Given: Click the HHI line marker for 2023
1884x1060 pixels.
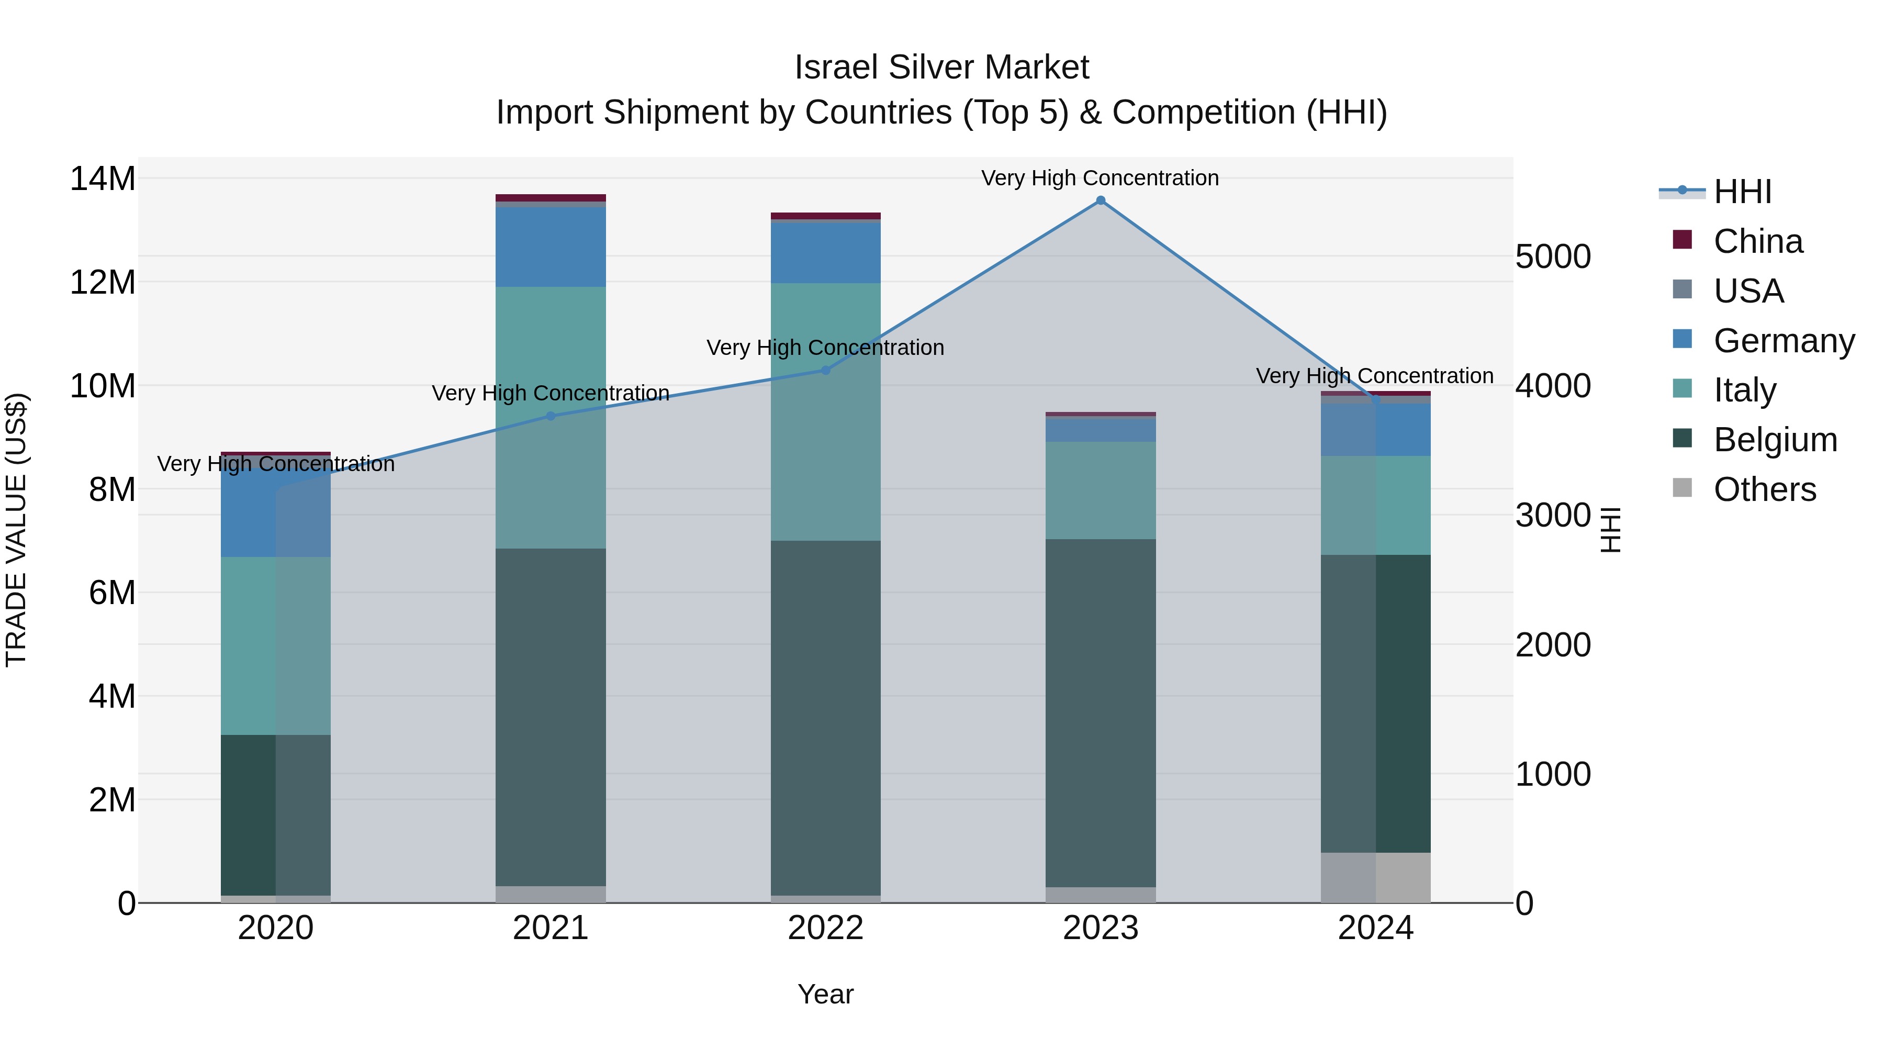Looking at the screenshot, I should (1100, 200).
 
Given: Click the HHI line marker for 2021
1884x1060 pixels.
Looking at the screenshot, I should (551, 416).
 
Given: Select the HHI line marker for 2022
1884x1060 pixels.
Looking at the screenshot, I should (826, 370).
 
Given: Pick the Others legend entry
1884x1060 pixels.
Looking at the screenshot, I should (1764, 489).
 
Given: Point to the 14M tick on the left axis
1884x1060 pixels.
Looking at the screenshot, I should (103, 178).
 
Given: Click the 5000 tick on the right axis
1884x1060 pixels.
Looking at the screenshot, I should (1553, 257).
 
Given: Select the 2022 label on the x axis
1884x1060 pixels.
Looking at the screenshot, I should (826, 928).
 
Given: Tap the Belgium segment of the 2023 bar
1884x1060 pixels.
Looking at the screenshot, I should (1100, 713).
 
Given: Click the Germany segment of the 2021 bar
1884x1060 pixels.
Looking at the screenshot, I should (551, 247).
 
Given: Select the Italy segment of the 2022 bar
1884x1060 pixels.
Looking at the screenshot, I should (826, 412).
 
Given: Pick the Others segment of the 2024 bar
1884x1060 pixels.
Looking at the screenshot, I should (1375, 877).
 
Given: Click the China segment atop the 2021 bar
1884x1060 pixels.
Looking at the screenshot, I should (551, 197).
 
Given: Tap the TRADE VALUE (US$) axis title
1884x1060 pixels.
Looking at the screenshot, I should (16, 530).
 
